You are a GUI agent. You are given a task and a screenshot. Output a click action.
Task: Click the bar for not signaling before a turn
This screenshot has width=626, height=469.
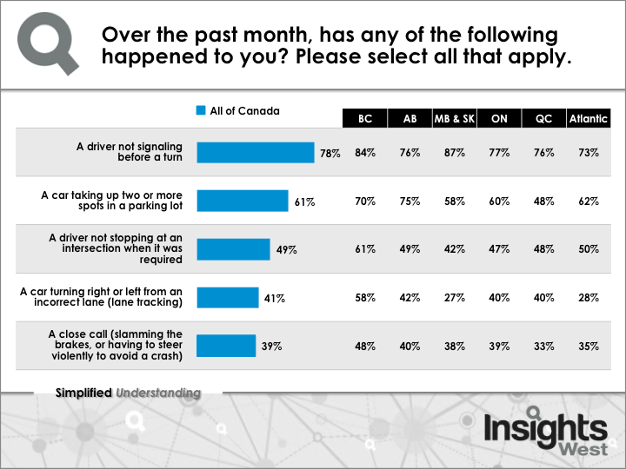pyautogui.click(x=256, y=152)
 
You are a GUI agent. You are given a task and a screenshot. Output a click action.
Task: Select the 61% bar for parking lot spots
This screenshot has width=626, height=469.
pyautogui.click(x=243, y=201)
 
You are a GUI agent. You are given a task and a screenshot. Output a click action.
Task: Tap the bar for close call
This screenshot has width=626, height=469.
pyautogui.click(x=226, y=346)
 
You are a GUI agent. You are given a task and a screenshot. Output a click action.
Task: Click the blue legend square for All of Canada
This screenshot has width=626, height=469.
pyautogui.click(x=201, y=110)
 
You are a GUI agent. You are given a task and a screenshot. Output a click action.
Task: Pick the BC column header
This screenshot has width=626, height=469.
pyautogui.click(x=365, y=118)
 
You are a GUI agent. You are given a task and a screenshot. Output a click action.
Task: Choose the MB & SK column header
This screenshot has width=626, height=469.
pyautogui.click(x=455, y=118)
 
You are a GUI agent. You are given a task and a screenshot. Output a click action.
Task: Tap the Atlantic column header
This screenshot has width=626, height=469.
pyautogui.click(x=589, y=118)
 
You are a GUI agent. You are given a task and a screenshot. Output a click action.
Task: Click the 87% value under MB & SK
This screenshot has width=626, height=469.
pyautogui.click(x=455, y=153)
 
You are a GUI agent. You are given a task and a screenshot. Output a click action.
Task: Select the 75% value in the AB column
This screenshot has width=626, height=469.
pyautogui.click(x=410, y=201)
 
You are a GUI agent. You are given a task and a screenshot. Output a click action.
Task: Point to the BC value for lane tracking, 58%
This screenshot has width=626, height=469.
pyautogui.click(x=365, y=298)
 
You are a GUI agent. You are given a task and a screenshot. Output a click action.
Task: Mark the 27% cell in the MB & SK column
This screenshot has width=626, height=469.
pyautogui.click(x=455, y=298)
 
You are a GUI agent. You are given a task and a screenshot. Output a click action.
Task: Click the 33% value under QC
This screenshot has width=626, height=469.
pyautogui.click(x=543, y=347)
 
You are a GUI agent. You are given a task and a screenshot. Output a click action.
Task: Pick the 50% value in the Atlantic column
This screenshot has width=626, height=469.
pyautogui.click(x=589, y=249)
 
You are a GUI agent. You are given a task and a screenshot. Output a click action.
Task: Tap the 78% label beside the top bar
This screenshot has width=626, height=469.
pyautogui.click(x=330, y=153)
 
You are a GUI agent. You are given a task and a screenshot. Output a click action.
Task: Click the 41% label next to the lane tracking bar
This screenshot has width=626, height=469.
pyautogui.click(x=274, y=298)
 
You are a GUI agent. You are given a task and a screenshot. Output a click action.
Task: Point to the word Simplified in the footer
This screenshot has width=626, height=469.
pyautogui.click(x=83, y=393)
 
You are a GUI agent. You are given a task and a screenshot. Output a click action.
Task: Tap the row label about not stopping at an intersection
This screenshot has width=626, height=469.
pyautogui.click(x=116, y=248)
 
